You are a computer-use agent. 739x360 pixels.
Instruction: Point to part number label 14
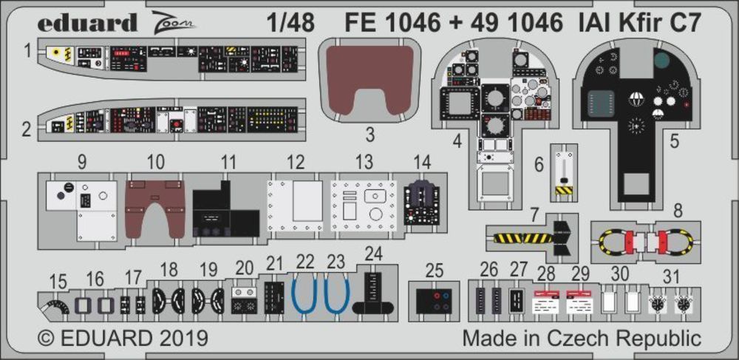[x=421, y=161]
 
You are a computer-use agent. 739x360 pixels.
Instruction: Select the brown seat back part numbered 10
[x=154, y=208]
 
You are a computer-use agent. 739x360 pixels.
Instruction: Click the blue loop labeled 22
[x=306, y=294]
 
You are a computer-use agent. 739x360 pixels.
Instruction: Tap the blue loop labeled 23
[x=337, y=294]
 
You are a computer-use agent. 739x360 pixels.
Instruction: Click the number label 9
[x=81, y=161]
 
